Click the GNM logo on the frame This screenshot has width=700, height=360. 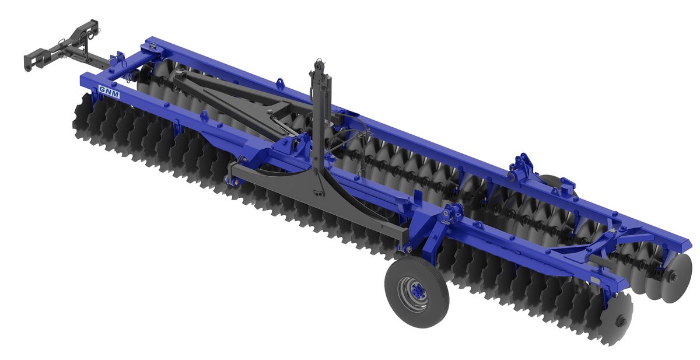[x=108, y=91]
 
